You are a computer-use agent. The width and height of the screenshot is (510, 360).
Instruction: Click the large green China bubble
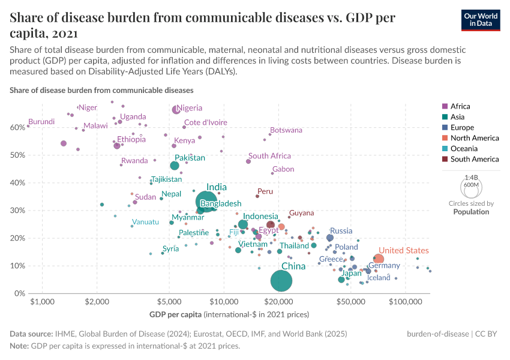[x=281, y=280]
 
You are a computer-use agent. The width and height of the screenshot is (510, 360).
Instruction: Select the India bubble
[x=206, y=201]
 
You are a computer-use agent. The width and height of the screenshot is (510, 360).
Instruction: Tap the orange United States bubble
[x=379, y=259]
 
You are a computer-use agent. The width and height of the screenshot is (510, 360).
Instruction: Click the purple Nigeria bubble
[x=176, y=110]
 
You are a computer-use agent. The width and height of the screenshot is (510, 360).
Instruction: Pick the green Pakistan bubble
[x=175, y=166]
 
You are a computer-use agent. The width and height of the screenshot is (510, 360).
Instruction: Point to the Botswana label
[x=286, y=130]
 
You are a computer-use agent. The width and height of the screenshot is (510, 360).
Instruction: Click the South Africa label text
[x=269, y=156]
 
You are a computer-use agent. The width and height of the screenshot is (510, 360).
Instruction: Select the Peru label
[x=265, y=191]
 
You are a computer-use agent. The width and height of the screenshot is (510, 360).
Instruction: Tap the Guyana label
[x=301, y=213]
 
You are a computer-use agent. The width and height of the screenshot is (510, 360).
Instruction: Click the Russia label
[x=341, y=230]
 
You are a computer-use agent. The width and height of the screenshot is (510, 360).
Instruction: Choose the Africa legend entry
[x=461, y=106]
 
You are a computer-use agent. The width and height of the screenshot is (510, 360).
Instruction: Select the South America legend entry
[x=474, y=159]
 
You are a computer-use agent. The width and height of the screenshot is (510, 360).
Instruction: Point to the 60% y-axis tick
[x=17, y=127]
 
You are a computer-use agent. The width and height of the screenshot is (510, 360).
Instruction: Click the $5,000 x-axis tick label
[x=169, y=302]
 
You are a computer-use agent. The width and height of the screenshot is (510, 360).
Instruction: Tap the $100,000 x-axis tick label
[x=406, y=302]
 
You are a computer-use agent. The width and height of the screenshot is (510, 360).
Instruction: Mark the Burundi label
[x=42, y=121]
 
